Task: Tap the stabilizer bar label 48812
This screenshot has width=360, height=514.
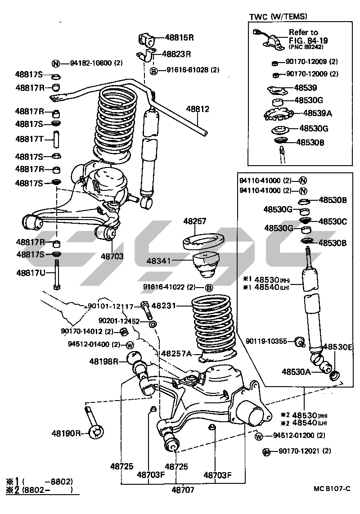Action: click(198, 108)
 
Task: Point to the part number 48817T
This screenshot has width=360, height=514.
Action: click(29, 139)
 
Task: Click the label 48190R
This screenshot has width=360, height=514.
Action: click(66, 433)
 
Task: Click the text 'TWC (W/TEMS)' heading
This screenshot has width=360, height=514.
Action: click(278, 17)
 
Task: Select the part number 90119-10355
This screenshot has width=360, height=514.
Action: click(266, 341)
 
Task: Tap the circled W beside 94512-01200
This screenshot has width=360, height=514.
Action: click(259, 436)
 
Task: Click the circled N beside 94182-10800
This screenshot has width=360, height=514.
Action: click(56, 63)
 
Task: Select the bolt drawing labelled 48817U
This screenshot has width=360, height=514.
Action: click(56, 275)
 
